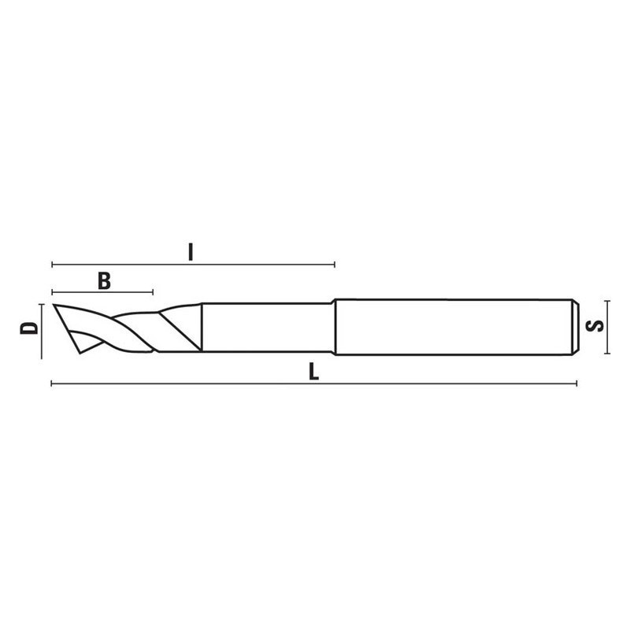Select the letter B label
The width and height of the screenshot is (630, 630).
103,280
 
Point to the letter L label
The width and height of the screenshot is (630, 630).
313,372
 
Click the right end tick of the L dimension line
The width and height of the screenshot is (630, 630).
576,384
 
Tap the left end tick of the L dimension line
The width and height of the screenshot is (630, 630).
52,384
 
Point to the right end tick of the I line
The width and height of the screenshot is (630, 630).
335,264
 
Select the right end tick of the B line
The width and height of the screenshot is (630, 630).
153,292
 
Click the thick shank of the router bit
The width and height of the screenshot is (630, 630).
453,326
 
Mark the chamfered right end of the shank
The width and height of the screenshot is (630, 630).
574,326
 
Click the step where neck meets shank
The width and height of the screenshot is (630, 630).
335,326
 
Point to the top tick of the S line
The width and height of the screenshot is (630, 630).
608,300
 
